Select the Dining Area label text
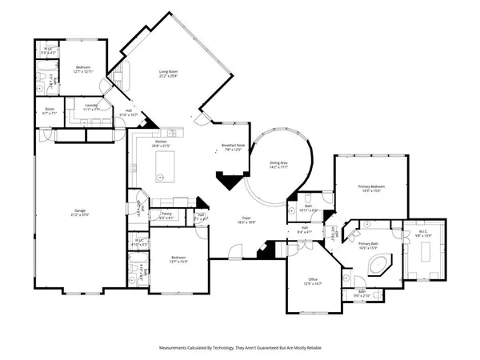pos(278,163)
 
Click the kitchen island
pos(165,165)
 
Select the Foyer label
pos(247,218)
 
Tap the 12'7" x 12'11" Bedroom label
pos(84,67)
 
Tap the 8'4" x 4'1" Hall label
pos(303,230)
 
